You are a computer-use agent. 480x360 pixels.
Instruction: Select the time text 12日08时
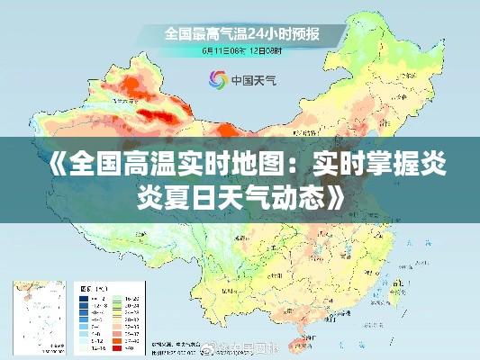click(264, 50)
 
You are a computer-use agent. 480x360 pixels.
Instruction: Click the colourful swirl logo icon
click(217, 79)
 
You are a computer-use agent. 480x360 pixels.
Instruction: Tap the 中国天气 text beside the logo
click(254, 79)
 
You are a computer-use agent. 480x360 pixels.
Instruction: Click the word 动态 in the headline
click(294, 193)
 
